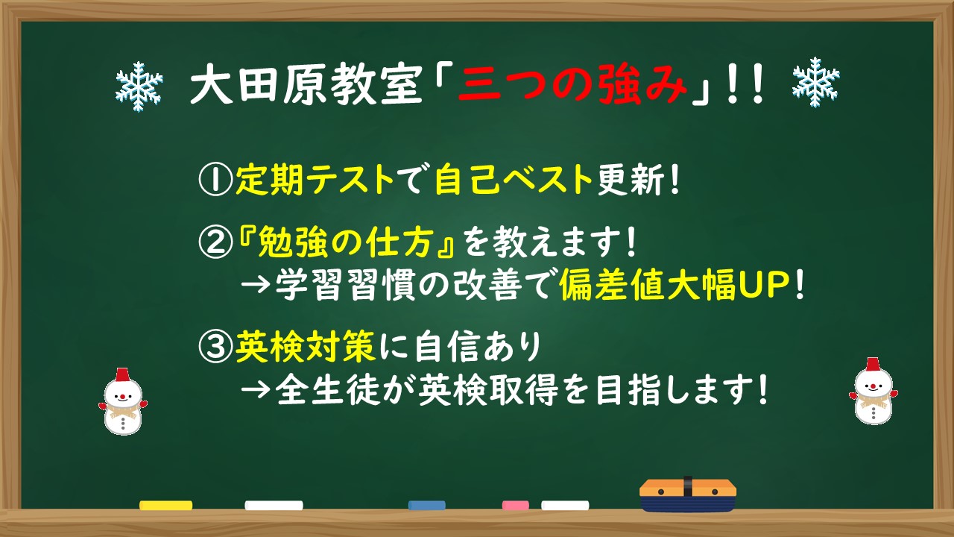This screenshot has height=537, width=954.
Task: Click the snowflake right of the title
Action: [x=815, y=82]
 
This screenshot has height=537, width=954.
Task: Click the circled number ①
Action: [x=215, y=179]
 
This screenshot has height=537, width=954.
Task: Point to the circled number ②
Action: [x=215, y=242]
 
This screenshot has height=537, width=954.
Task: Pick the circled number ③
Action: [x=215, y=345]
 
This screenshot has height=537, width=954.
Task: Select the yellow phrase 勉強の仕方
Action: [x=349, y=242]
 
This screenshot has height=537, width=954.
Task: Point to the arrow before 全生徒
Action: [x=256, y=389]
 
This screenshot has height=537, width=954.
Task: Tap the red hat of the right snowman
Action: [x=873, y=365]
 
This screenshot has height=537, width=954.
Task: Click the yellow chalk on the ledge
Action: [x=165, y=505]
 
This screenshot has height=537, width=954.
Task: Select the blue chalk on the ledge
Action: [x=426, y=505]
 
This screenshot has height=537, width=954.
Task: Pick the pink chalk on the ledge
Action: [x=515, y=505]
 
